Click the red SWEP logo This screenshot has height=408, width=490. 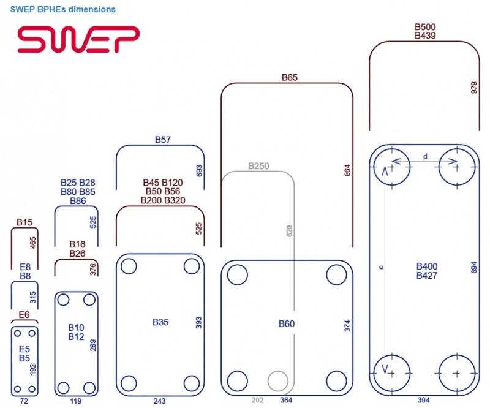pyautogui.click(x=78, y=39)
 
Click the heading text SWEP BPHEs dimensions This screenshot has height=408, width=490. pyautogui.click(x=63, y=10)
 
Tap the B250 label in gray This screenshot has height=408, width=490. pyautogui.click(x=258, y=166)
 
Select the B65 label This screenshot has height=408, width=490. pyautogui.click(x=289, y=78)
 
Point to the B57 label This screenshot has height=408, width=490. pyautogui.click(x=163, y=140)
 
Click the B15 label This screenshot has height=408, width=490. pyautogui.click(x=24, y=222)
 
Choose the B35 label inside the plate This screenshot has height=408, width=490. pyautogui.click(x=160, y=322)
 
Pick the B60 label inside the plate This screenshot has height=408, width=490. pyautogui.click(x=287, y=324)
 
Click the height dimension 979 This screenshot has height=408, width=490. pyautogui.click(x=473, y=88)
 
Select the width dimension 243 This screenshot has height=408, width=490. pyautogui.click(x=160, y=401)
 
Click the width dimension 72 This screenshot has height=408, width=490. pyautogui.click(x=24, y=401)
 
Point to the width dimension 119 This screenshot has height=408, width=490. pyautogui.click(x=77, y=401)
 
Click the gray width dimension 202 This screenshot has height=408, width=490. pyautogui.click(x=258, y=400)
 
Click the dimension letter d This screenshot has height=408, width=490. pyautogui.click(x=425, y=157)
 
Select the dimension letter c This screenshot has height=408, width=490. pyautogui.click(x=381, y=268)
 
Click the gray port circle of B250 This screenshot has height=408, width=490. pyautogui.click(x=279, y=380)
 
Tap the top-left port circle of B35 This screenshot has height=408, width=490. pyautogui.click(x=129, y=266)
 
